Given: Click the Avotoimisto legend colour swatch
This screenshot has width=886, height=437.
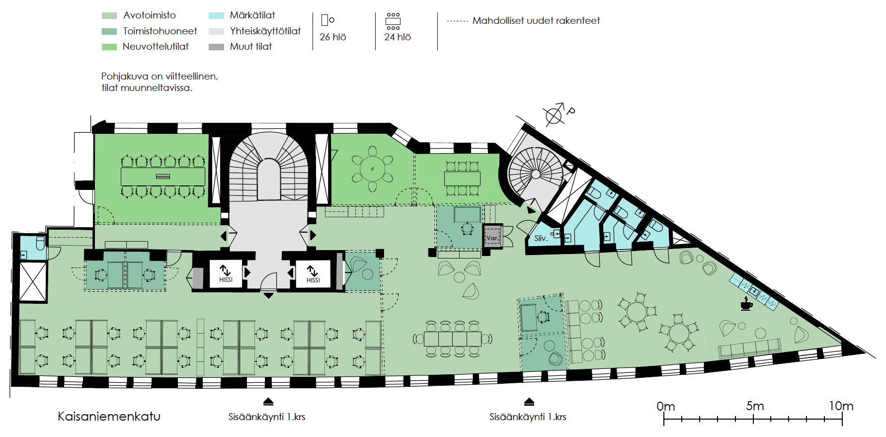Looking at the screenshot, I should click(109, 16).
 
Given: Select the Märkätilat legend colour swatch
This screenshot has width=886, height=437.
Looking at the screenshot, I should click(216, 16).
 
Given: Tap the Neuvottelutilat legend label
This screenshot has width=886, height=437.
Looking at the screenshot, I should click(156, 47).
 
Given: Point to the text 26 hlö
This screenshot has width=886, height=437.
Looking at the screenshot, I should click(332, 37).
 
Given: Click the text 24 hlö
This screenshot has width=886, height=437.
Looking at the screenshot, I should click(398, 37).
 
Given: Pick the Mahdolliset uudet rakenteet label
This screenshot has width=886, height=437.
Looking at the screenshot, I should click(536, 21).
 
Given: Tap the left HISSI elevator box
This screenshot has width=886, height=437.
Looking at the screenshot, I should click(226, 273).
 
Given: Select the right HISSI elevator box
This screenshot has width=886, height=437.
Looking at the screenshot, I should click(313, 273).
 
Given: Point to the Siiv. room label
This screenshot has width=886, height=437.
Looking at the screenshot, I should click(541, 239).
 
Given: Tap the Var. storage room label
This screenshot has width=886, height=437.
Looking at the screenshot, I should click(492, 238).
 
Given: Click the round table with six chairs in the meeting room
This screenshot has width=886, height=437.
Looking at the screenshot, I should click(372, 169).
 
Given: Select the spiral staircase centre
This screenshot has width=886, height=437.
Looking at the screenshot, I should click(536, 174).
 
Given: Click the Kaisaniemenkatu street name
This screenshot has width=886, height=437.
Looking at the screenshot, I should click(109, 417).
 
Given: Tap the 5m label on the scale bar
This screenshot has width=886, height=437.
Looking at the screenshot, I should click(754, 406).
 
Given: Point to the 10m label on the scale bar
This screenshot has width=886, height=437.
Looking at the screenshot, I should click(841, 406).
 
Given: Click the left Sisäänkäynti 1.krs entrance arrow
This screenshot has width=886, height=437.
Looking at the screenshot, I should click(268, 402).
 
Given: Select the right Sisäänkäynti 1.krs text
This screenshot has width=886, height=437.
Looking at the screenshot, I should click(528, 417).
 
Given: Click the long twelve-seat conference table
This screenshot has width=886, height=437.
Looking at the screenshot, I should click(162, 176).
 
